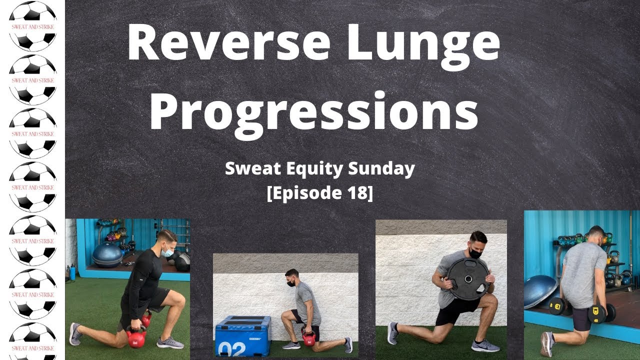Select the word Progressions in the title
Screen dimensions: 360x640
[x=313, y=111]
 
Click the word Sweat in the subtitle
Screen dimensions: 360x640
[x=249, y=169]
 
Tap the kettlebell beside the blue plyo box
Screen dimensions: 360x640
[x=309, y=338]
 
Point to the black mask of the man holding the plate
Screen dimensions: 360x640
[x=475, y=253]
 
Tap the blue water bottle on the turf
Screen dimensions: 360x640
[x=73, y=273]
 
